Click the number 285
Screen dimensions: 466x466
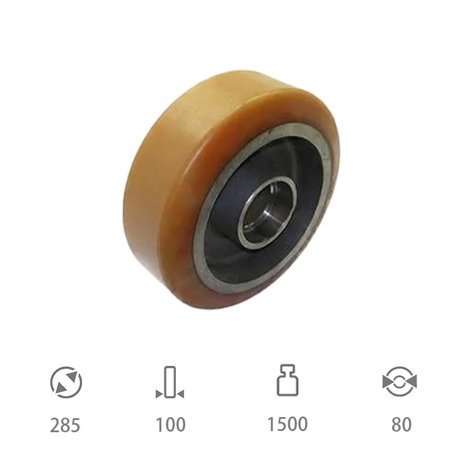[x=65, y=425]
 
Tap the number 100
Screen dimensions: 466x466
[x=171, y=425]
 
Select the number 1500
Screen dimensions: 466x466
[x=287, y=424]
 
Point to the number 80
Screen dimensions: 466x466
[x=401, y=425]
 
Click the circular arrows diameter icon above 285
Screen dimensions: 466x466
[x=66, y=382]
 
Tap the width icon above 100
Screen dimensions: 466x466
[x=170, y=382]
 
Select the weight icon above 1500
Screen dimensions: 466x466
[x=288, y=380]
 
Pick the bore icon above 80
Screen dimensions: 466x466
[x=400, y=382]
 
